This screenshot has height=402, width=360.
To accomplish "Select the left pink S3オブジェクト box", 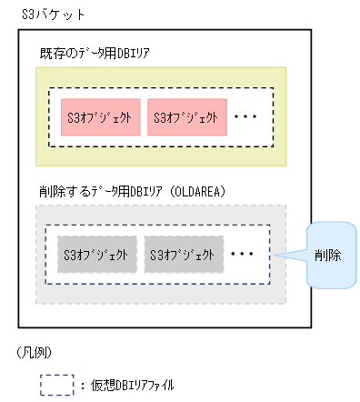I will (100, 117).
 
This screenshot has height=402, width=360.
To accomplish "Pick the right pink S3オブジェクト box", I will (185, 117).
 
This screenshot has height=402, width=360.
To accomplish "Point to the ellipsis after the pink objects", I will (246, 117).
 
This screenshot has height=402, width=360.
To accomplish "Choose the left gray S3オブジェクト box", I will (97, 254).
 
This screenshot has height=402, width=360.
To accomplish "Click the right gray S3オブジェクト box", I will (183, 254).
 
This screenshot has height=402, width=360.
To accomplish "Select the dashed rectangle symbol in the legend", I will (55, 385).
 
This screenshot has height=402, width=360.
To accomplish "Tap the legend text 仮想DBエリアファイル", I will (131, 386).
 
